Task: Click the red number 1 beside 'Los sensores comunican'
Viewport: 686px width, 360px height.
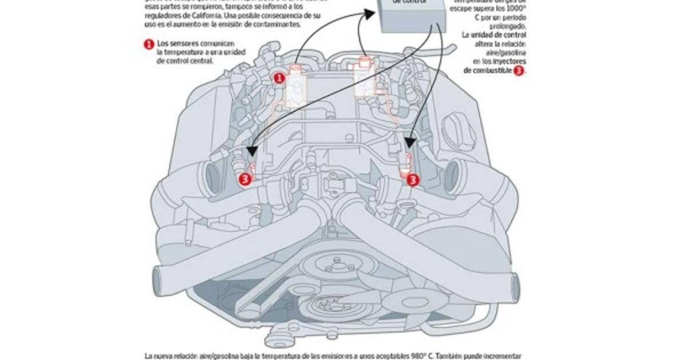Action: click(149, 44)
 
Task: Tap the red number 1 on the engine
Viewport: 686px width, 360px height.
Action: click(279, 78)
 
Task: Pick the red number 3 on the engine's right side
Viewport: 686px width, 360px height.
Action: click(413, 179)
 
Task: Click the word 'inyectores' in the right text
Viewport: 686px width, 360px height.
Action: click(508, 61)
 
